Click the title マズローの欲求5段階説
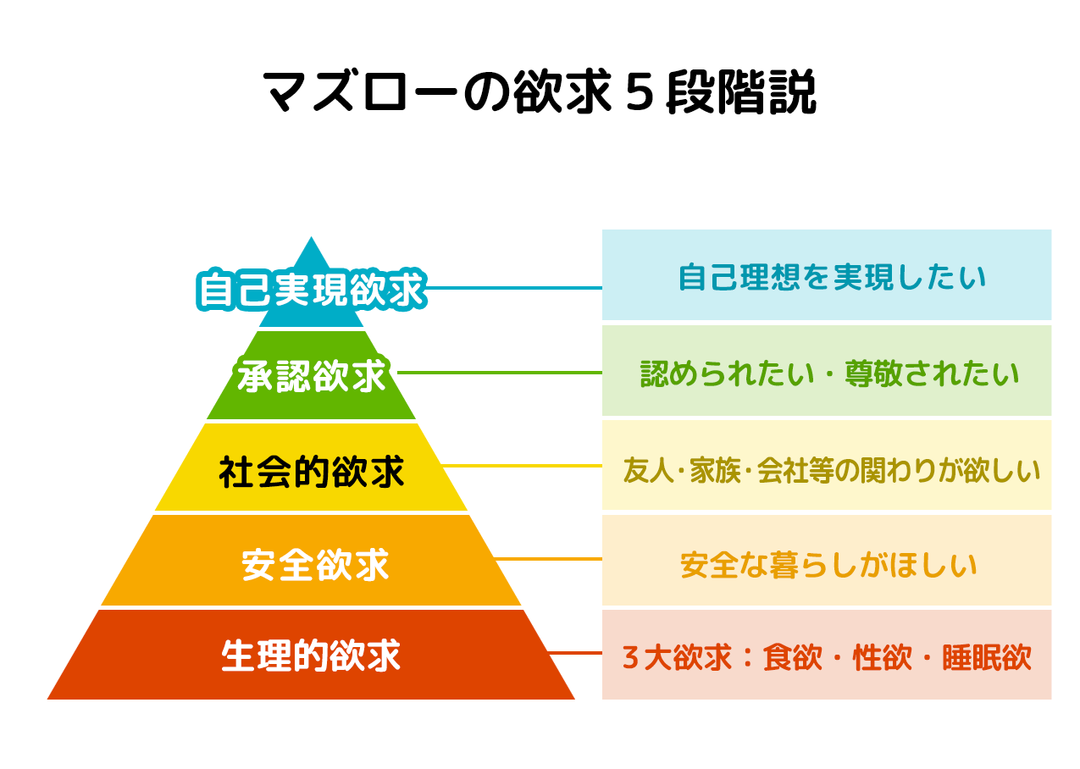540,91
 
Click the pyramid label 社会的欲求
312,472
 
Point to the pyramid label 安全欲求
315,564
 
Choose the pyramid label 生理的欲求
311,656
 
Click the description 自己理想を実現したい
833,277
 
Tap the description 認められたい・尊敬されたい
829,373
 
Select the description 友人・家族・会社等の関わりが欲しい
831,468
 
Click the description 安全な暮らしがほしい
828,563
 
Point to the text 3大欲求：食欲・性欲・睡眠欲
827,657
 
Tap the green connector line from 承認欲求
500,372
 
